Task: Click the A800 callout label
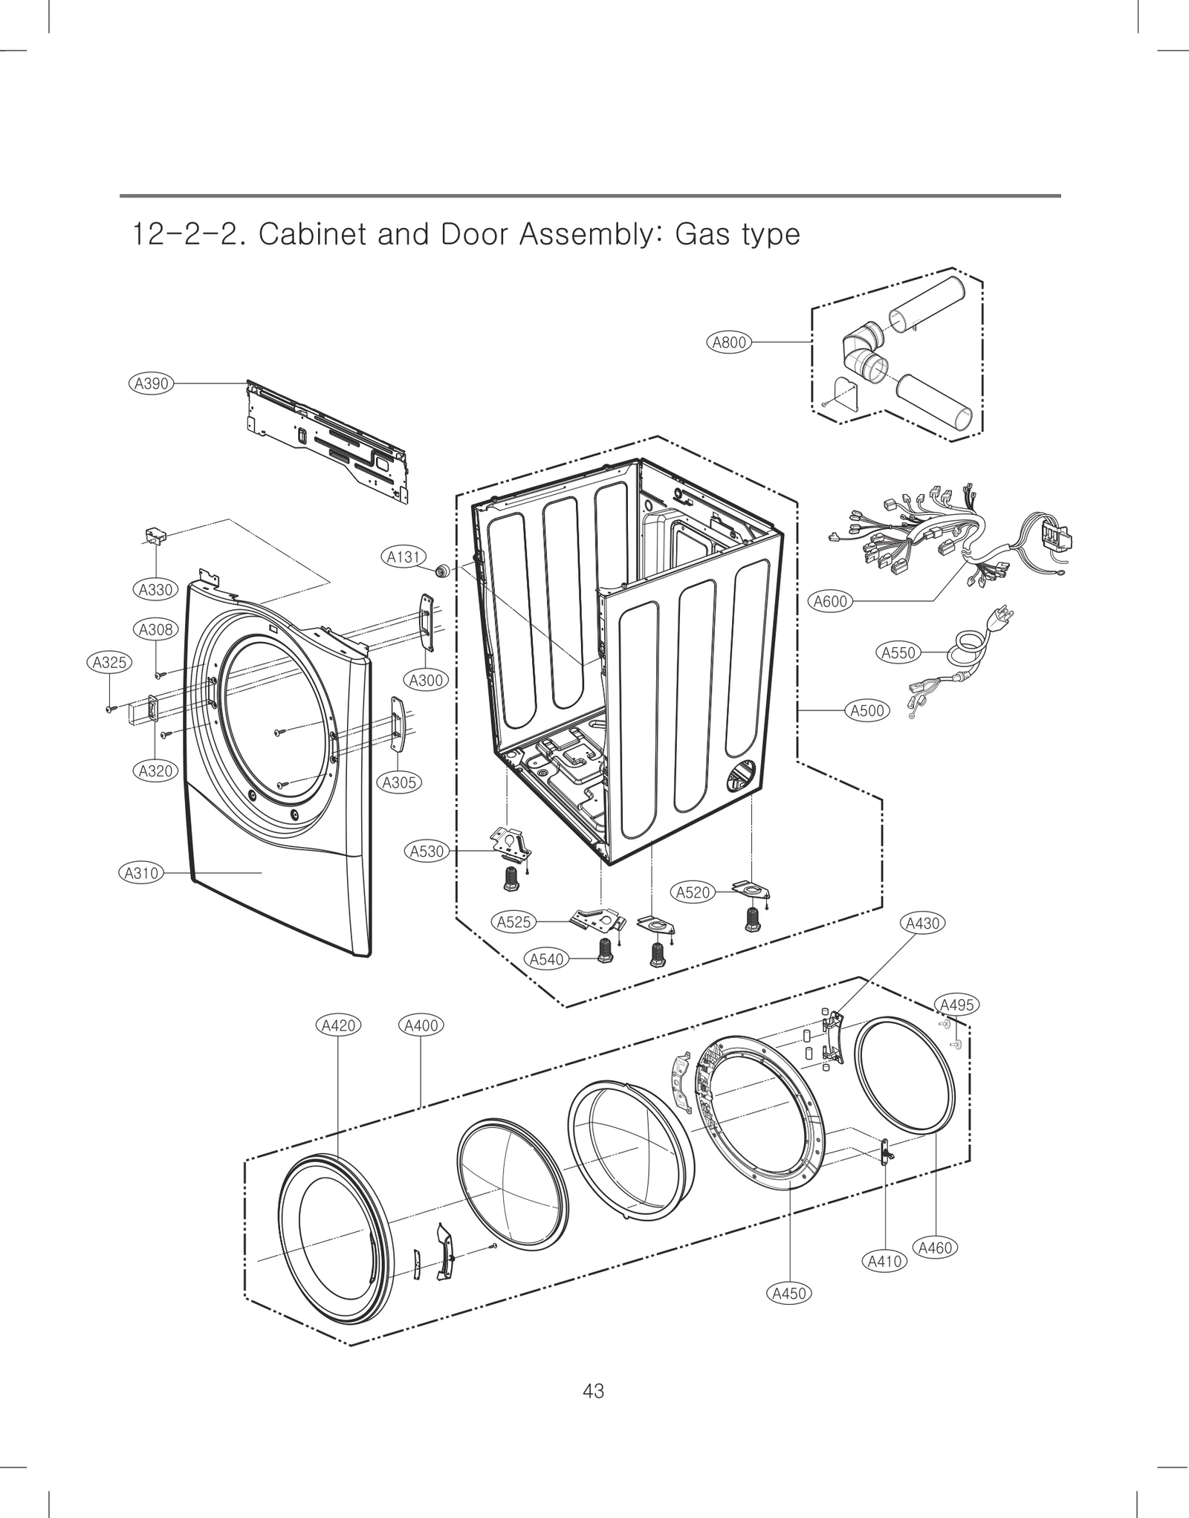click(x=728, y=343)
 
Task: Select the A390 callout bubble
click(x=151, y=383)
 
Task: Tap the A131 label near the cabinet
click(x=404, y=557)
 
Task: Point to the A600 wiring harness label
click(x=830, y=601)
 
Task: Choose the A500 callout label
click(x=867, y=710)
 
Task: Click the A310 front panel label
click(x=141, y=873)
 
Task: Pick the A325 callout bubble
click(x=109, y=662)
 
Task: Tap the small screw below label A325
click(x=110, y=710)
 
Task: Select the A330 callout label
click(x=155, y=590)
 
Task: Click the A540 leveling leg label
click(x=546, y=959)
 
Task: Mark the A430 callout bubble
click(x=923, y=924)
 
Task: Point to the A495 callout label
click(x=956, y=1005)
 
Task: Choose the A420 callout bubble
click(x=339, y=1025)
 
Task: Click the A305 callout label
click(x=399, y=782)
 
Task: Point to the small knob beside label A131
click(x=443, y=570)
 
